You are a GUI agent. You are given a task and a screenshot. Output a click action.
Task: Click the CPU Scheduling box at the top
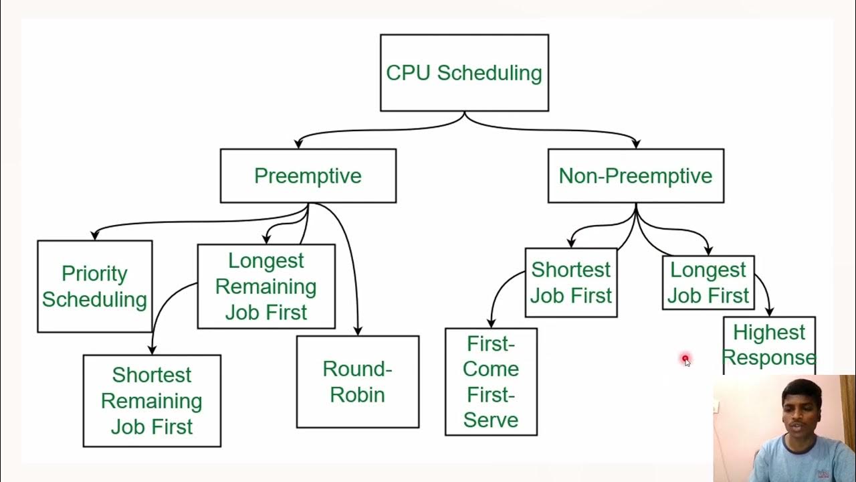464,73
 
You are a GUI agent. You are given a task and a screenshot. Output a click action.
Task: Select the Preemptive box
308,176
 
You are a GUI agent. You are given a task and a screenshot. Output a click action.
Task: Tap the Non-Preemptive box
635,176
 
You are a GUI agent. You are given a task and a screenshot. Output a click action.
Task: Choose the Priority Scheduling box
94,287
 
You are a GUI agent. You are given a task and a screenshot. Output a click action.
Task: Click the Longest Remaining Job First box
266,287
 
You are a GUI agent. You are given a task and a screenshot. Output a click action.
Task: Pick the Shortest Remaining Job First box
152,400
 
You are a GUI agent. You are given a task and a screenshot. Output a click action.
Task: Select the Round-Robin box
357,382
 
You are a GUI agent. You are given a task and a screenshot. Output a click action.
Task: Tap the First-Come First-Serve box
491,382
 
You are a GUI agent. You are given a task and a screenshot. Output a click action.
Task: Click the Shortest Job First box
570,283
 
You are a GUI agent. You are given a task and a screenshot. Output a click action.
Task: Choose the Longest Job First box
708,283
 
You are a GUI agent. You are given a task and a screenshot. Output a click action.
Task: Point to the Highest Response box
769,345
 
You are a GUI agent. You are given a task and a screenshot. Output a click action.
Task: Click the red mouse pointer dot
685,359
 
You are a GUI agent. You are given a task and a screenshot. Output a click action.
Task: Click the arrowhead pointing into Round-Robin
358,331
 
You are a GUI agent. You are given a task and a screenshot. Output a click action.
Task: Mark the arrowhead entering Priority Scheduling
95,235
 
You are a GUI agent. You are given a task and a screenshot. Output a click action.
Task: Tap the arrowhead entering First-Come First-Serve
491,323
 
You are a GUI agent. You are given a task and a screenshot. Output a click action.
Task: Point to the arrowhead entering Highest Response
769,312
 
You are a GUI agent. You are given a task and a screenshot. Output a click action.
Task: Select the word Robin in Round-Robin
357,395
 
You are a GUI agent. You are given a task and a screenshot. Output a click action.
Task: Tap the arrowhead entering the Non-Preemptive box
635,144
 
